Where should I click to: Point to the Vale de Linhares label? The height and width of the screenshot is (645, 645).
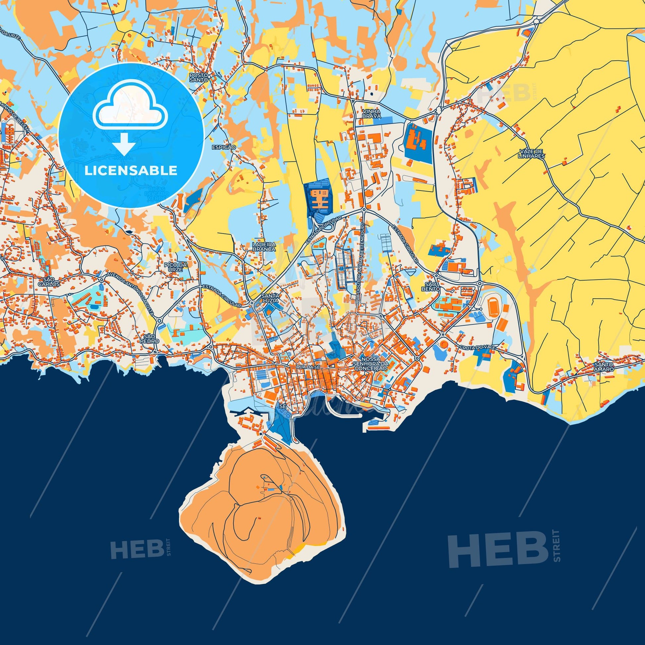(x=532, y=153)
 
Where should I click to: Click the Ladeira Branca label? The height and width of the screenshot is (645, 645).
(x=264, y=246)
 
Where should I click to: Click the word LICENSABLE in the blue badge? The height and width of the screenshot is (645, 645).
(x=131, y=171)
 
